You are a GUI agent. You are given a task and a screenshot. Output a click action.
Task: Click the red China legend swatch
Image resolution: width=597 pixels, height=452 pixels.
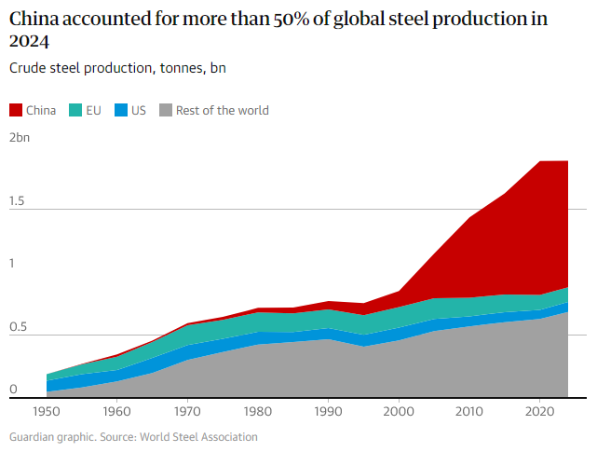point(16,110)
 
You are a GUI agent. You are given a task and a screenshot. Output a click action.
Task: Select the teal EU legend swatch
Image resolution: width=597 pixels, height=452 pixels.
point(75,110)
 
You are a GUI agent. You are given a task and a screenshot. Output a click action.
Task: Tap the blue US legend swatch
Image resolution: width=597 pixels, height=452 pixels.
point(121,110)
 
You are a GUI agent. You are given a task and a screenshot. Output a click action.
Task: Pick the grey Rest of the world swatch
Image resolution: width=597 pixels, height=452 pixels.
point(166,110)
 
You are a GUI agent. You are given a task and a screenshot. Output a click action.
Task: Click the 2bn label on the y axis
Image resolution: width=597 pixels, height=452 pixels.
point(20,137)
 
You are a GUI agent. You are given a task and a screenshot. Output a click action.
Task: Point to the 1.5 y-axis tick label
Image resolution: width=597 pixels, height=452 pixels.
point(17,200)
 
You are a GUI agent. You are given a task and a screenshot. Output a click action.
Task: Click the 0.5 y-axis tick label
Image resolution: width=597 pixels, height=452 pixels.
point(18,329)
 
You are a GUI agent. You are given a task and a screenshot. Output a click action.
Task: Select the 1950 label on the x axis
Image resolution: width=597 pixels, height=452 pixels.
point(47,410)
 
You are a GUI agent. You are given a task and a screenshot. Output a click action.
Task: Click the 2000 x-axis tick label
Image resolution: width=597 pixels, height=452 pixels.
point(399,410)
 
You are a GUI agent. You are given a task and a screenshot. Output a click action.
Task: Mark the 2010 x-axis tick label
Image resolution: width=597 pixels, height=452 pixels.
point(468,410)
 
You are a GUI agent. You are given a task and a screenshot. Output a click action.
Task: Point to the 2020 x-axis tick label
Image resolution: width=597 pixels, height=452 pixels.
point(539,410)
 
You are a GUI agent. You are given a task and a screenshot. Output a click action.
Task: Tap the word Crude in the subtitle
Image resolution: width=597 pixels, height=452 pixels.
point(28,68)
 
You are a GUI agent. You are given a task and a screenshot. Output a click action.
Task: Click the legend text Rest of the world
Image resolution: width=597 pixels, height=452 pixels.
point(222,110)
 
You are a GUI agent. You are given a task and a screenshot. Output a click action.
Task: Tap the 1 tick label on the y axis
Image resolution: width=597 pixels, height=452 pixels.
point(13,264)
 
